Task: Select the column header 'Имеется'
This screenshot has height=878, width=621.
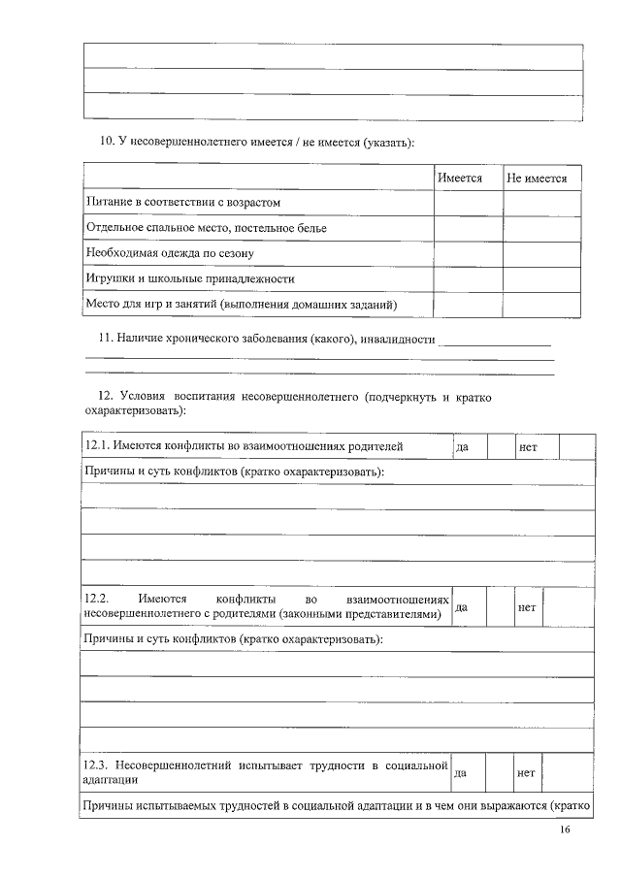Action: coord(460,179)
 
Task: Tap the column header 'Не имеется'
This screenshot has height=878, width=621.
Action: coord(537,179)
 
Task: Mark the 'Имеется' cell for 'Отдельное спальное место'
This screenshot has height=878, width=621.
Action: coord(467,228)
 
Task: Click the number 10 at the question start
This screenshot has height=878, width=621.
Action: coord(108,143)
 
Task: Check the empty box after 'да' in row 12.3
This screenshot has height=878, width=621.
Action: coord(500,773)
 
